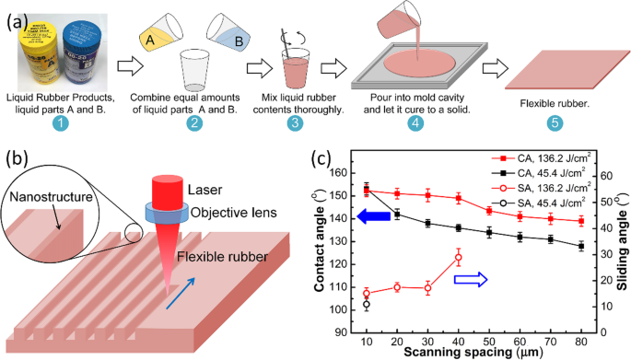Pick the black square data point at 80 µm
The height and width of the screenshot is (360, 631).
581,247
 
